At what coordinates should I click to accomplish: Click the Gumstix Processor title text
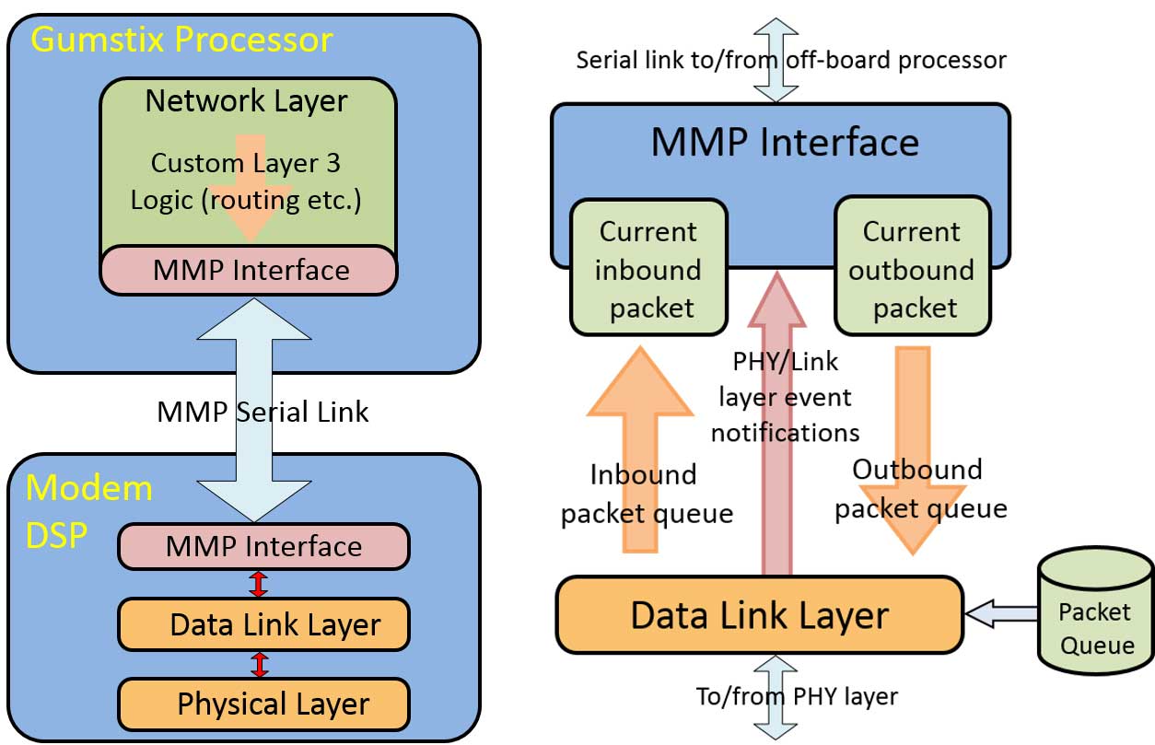pos(181,40)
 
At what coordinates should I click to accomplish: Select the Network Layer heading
pos(247,100)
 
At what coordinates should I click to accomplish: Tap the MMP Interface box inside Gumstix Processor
pos(249,270)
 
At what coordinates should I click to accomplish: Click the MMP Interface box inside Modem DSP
pos(263,546)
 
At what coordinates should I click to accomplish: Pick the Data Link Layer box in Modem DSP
pos(263,624)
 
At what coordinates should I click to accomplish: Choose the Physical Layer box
pos(263,704)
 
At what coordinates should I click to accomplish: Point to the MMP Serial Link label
pos(262,411)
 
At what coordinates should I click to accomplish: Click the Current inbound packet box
pos(648,269)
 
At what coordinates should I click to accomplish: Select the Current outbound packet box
pos(912,269)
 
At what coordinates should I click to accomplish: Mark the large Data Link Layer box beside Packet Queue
pos(759,615)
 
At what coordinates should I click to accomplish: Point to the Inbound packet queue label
pos(646,495)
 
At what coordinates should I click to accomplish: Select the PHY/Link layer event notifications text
pos(785,396)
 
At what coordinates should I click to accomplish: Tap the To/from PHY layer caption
pos(797,696)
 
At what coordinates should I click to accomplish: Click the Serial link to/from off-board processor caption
pos(791,60)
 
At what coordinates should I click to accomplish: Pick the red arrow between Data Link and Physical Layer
pos(260,665)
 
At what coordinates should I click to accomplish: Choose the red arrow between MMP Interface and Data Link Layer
pos(260,585)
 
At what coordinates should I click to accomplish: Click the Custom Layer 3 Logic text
pos(247,181)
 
